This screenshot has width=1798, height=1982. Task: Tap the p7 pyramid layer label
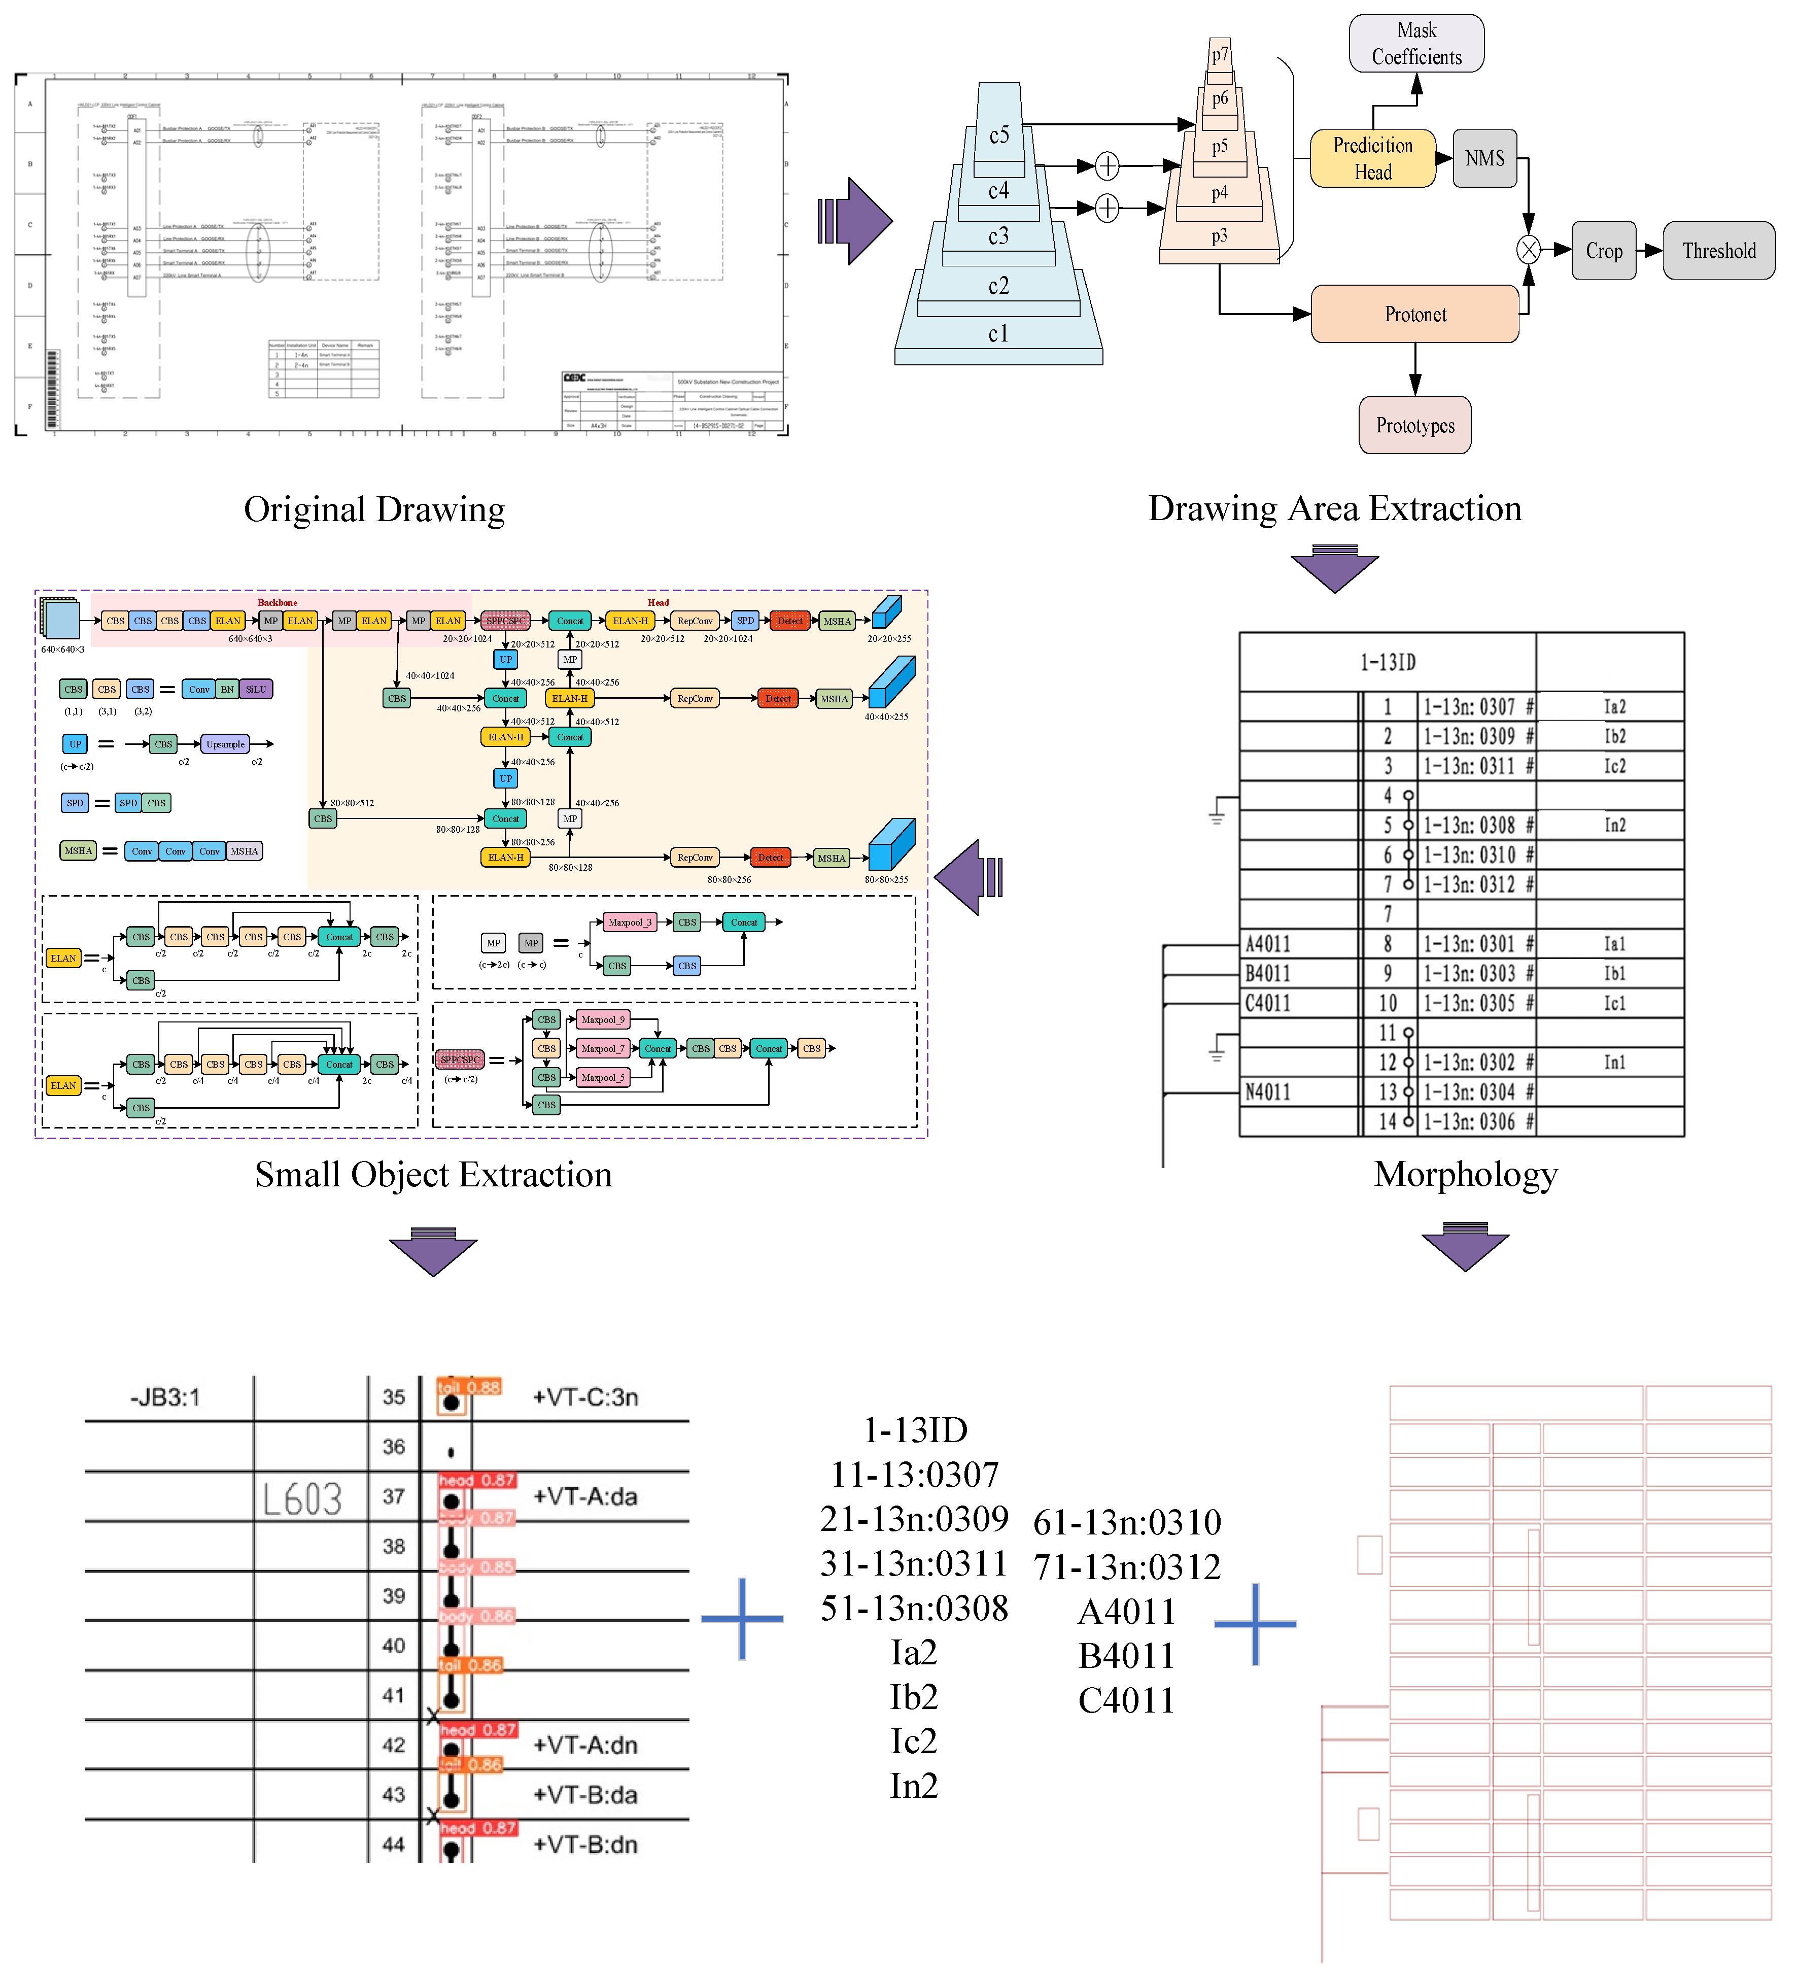[x=1219, y=55]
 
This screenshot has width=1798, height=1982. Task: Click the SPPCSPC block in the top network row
[x=506, y=621]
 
